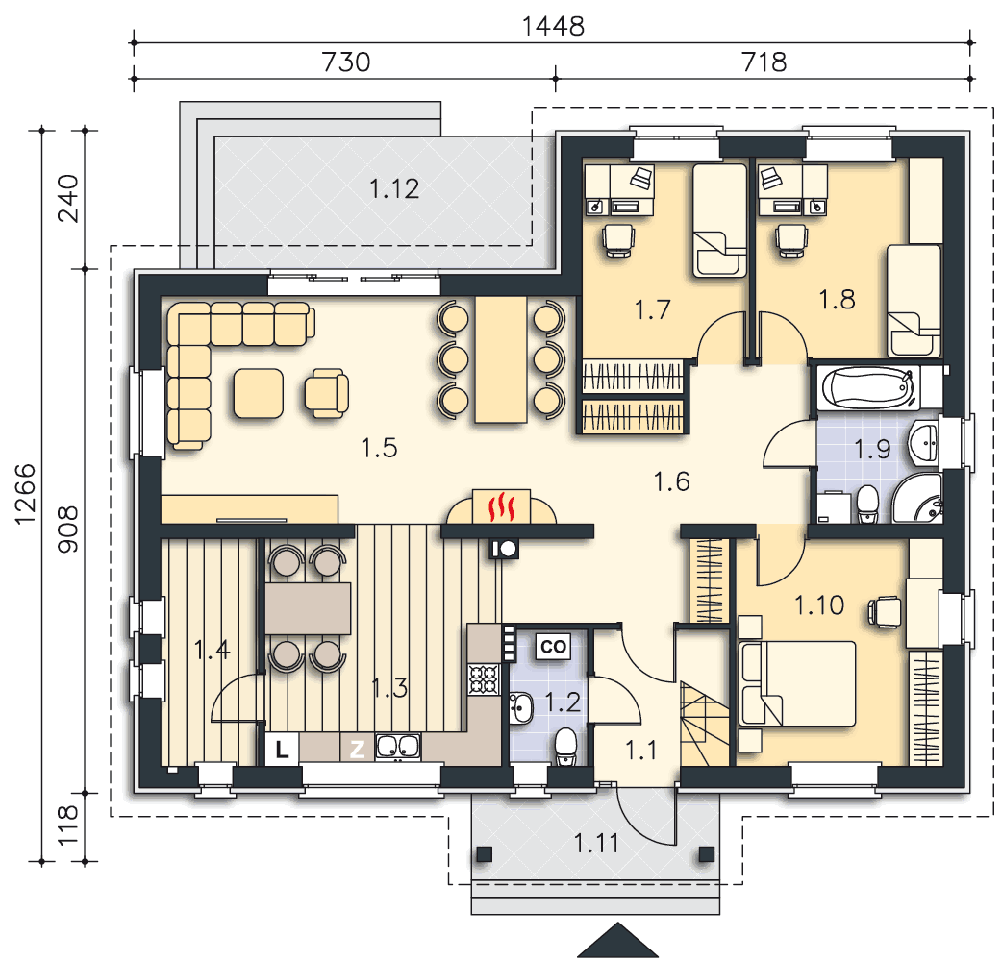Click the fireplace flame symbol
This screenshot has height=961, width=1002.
(502, 507)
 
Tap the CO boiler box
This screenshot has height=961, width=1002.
(553, 646)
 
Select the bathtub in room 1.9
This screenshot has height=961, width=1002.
(867, 387)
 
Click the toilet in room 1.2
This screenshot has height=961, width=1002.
(565, 747)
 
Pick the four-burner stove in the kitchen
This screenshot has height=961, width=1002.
(484, 679)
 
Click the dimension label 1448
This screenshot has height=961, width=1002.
(553, 27)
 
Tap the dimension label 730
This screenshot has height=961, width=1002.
(346, 62)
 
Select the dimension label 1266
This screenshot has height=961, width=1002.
(26, 495)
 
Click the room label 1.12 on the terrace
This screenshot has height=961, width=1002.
(394, 189)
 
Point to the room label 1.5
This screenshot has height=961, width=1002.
(380, 448)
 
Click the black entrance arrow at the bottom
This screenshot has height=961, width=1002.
(617, 940)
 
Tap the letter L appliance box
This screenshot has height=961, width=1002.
(282, 749)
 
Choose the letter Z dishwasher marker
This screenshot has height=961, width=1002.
(357, 749)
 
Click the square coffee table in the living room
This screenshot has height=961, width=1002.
(258, 393)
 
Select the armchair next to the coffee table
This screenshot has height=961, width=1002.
(327, 393)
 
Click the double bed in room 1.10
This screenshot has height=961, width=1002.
(797, 684)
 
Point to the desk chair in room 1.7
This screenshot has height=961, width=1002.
(618, 240)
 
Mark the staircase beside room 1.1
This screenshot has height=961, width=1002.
(704, 724)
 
